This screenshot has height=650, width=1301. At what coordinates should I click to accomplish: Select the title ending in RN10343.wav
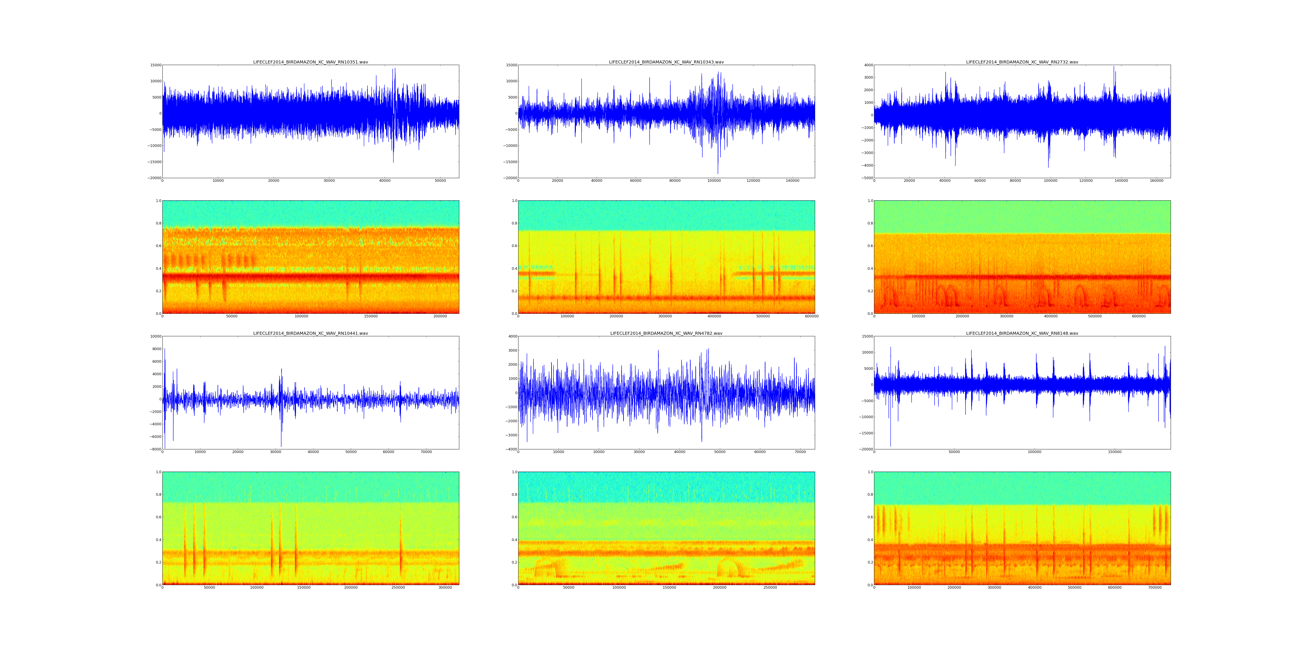[x=666, y=62]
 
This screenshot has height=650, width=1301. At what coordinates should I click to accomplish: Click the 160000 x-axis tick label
[x=1156, y=181]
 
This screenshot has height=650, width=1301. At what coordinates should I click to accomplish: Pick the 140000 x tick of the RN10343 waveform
[x=793, y=181]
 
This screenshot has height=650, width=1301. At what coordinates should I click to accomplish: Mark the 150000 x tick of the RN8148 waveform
[x=1115, y=452]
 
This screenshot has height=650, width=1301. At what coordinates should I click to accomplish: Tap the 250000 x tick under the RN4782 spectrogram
[x=770, y=587]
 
